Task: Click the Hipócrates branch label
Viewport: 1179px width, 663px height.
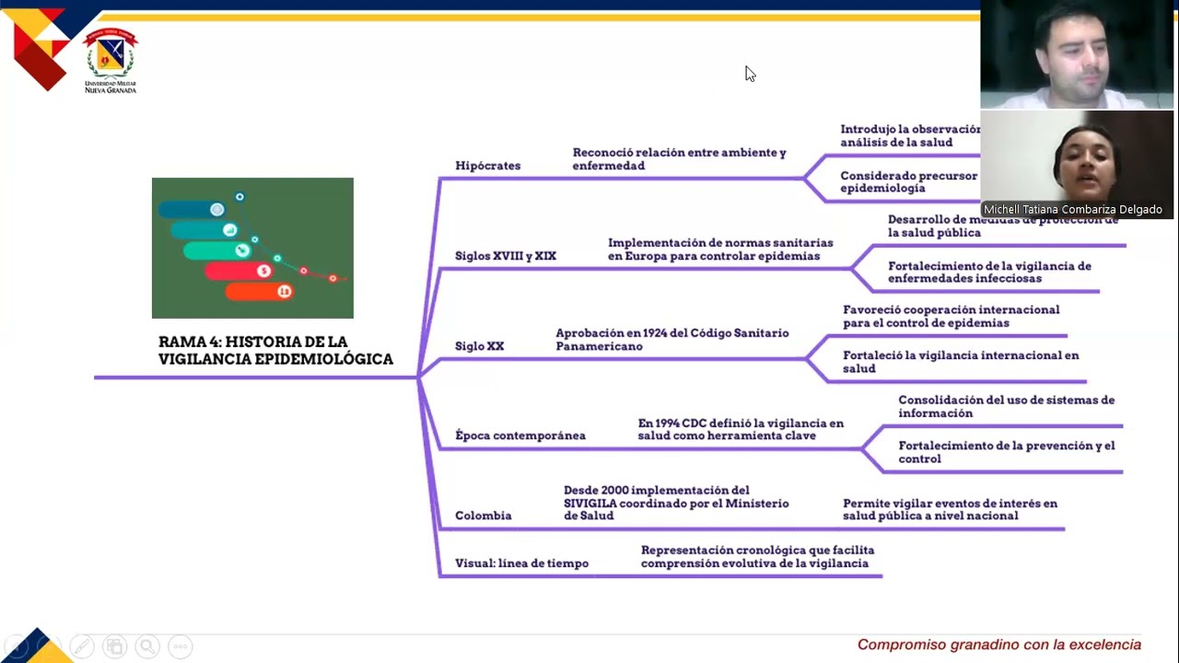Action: [x=487, y=166]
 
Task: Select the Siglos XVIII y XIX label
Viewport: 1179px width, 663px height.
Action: [x=505, y=256]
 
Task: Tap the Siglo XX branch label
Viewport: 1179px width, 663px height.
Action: [x=479, y=346]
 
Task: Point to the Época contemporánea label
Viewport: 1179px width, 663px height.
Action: [x=519, y=436]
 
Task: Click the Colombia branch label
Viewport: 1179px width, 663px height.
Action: [x=483, y=516]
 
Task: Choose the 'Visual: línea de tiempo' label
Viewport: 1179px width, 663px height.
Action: [x=521, y=564]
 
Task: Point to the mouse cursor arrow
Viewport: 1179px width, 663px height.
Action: [x=750, y=74]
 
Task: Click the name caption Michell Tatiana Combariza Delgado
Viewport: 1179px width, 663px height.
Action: [x=1072, y=210]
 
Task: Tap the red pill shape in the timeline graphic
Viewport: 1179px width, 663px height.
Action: [x=239, y=271]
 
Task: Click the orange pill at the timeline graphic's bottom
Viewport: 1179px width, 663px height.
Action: [x=259, y=292]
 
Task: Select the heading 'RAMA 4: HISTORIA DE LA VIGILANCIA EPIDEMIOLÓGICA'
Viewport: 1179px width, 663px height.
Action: [x=275, y=351]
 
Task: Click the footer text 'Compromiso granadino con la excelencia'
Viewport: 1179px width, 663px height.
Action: [x=998, y=645]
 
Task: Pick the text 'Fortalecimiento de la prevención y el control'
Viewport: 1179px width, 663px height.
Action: [x=1006, y=452]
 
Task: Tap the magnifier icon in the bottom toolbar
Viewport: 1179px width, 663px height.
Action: [x=146, y=647]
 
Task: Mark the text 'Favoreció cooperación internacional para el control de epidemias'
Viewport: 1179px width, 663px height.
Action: [x=951, y=317]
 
